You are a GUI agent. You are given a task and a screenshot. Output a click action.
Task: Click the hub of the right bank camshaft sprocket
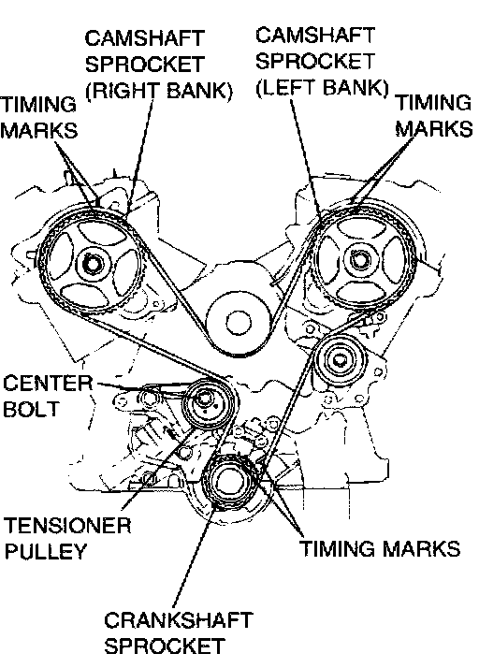tap(91, 264)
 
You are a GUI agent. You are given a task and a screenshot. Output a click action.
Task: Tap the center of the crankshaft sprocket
tap(229, 482)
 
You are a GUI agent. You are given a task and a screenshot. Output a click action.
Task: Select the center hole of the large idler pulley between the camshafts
tap(238, 323)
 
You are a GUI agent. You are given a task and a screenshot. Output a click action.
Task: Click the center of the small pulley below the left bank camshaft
tap(340, 360)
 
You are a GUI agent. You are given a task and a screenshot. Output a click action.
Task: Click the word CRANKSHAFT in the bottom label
tap(179, 620)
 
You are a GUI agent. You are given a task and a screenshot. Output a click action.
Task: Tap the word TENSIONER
tap(67, 526)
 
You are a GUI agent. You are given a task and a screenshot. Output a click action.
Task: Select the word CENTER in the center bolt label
tap(48, 383)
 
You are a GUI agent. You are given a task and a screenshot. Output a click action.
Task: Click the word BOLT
tap(31, 409)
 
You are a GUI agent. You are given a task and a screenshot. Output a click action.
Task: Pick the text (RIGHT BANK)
tap(159, 91)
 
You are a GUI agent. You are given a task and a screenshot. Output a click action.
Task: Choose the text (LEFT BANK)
tap(322, 87)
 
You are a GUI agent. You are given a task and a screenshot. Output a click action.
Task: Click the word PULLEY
tap(46, 551)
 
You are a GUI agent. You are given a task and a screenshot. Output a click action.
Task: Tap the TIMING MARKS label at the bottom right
tap(380, 548)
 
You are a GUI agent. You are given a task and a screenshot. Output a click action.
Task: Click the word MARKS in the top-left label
tap(39, 130)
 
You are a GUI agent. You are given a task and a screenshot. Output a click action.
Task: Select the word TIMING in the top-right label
tap(434, 102)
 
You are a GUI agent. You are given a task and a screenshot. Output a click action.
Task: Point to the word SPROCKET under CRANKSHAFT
tap(165, 646)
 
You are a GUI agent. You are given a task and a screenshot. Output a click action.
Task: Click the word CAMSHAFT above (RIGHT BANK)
tap(144, 38)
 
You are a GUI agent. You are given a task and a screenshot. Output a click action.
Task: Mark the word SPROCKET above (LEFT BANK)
tap(315, 61)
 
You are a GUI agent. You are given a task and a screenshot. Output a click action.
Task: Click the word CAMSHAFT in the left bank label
tap(315, 35)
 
